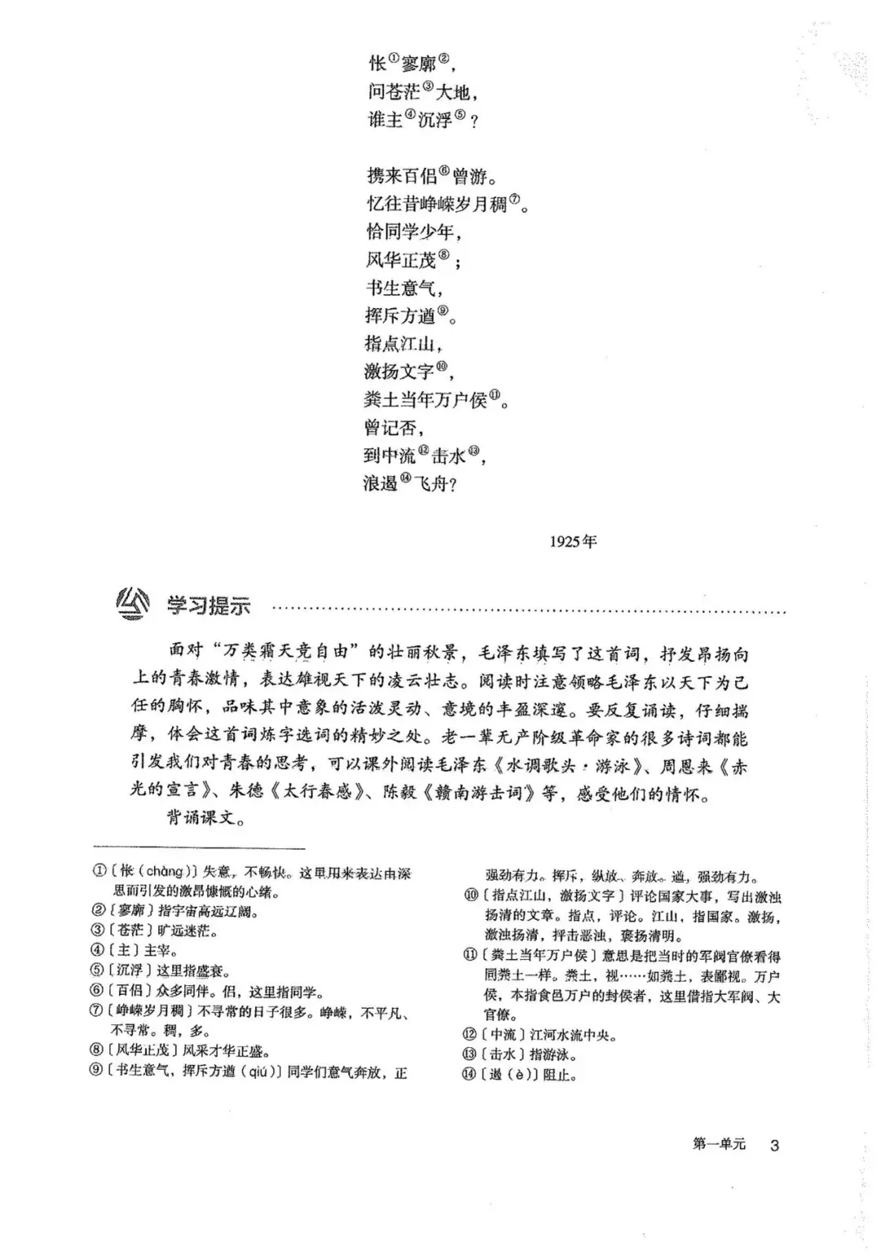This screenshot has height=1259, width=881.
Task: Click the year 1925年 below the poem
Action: [573, 541]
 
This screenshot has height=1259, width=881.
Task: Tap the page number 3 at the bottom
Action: [774, 1145]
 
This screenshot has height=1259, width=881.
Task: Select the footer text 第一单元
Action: [719, 1144]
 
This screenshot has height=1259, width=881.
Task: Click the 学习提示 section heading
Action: [210, 605]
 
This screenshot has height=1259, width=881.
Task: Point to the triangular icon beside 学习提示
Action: [134, 603]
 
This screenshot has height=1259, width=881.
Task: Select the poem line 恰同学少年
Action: [414, 232]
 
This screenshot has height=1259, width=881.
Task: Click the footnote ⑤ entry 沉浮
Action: [162, 970]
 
